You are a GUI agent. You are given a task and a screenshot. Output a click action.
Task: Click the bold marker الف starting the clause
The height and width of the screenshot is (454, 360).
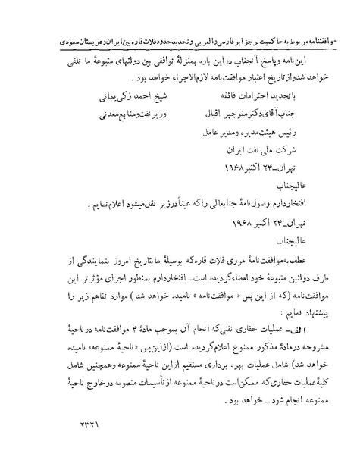[x=318, y=331]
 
